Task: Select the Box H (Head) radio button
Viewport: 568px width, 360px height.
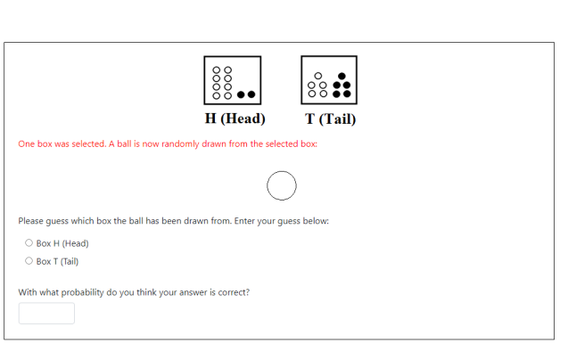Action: tap(29, 243)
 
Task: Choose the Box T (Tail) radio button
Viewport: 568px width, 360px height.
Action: tap(29, 261)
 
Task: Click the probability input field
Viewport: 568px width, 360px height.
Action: tap(46, 314)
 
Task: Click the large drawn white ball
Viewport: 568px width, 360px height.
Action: tap(282, 186)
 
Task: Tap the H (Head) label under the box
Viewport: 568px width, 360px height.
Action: tap(235, 119)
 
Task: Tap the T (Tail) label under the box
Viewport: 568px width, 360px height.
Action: tap(330, 119)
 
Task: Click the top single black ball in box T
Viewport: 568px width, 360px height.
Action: tap(342, 76)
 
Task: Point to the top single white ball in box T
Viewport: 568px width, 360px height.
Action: tap(318, 76)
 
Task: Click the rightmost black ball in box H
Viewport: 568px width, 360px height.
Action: tap(251, 94)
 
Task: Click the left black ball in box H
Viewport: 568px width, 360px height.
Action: tap(241, 94)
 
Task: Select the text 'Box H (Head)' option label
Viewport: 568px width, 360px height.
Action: tap(62, 243)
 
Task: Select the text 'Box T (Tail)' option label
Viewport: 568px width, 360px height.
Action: tap(57, 261)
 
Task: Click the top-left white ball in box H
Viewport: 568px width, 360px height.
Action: tap(217, 70)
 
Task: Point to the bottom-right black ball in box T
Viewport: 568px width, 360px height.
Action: tap(347, 94)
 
